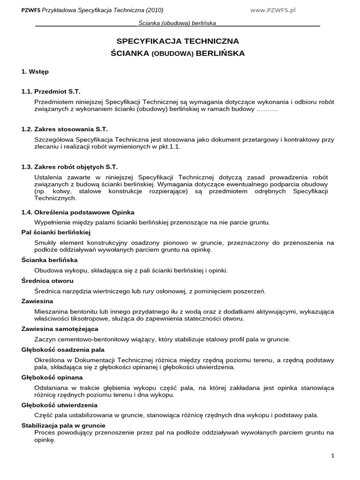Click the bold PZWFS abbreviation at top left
31,10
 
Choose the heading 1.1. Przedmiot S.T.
54,91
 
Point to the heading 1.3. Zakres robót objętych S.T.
70,167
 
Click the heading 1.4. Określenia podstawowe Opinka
78,212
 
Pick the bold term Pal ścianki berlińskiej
56,232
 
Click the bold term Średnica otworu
47,281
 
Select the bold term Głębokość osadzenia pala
63,349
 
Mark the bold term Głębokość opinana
52,377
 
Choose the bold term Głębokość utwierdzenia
60,405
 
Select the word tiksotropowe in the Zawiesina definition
90,319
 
